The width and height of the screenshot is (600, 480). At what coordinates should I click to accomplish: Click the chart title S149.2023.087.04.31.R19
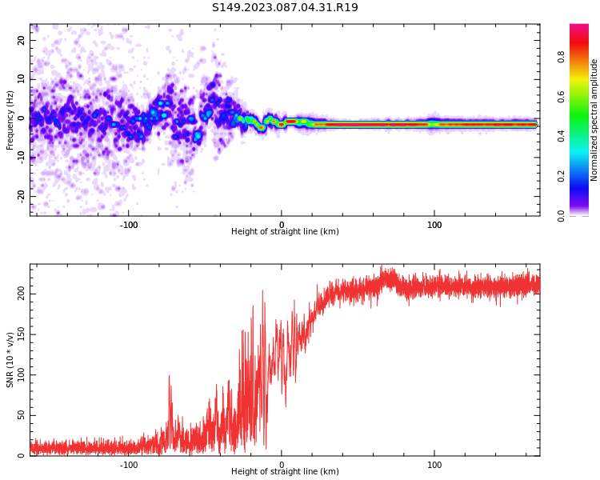point(285,8)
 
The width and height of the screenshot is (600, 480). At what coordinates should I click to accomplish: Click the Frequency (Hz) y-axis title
point(10,120)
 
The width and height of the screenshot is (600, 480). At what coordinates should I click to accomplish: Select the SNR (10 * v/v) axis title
point(10,359)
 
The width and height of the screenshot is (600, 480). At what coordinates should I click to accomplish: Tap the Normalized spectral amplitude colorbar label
point(594,120)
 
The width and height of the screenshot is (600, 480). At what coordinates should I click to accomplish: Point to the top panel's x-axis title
point(285,232)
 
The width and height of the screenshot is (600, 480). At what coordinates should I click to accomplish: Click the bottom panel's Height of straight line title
point(285,472)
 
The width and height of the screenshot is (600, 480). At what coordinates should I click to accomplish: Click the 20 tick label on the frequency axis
point(22,40)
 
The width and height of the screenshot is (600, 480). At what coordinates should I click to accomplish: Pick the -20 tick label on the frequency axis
point(22,195)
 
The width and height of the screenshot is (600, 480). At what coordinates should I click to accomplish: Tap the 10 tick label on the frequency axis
point(22,79)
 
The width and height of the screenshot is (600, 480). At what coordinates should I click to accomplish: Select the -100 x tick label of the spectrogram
point(129,225)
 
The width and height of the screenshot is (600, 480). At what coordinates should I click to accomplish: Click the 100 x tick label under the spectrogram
point(434,225)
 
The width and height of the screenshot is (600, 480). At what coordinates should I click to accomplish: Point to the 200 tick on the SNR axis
point(22,294)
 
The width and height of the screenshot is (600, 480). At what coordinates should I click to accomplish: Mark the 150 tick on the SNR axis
point(22,334)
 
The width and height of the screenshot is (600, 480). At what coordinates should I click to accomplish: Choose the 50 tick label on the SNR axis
point(22,415)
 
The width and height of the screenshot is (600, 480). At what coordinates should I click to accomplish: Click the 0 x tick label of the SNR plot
point(282,465)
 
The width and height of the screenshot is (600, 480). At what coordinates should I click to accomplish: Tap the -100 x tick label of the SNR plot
point(129,465)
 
